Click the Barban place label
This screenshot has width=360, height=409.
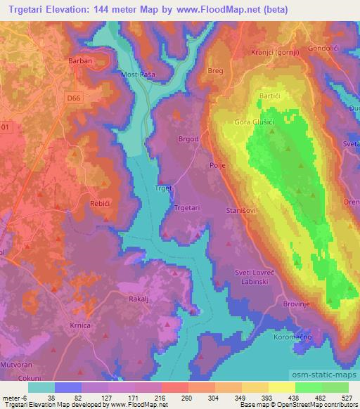click(80, 60)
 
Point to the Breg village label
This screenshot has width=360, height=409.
click(216, 70)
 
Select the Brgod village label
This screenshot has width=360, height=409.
click(188, 139)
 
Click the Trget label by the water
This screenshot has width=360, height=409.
click(162, 188)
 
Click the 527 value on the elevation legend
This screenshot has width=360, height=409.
click(347, 397)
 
